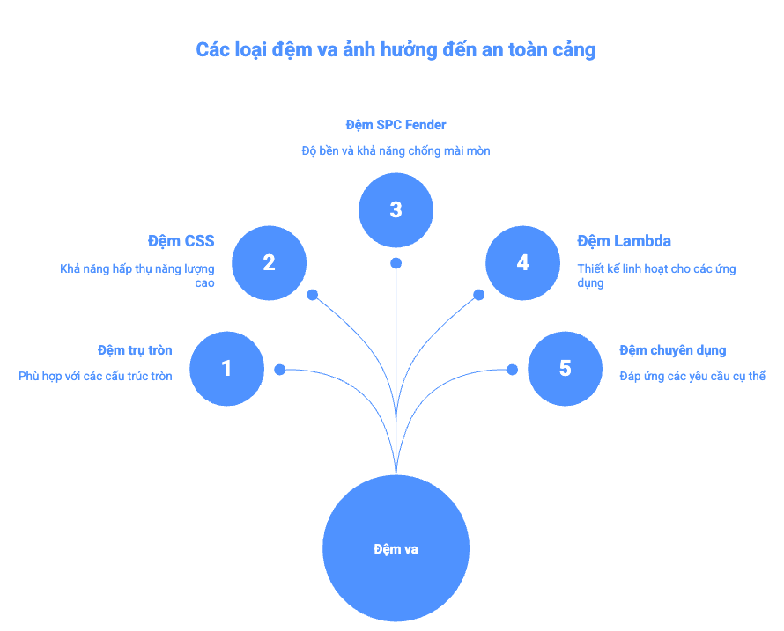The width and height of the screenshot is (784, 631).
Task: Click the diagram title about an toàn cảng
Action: tap(396, 49)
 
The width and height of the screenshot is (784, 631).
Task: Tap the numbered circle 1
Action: tap(226, 369)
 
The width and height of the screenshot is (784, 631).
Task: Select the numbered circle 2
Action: tap(269, 263)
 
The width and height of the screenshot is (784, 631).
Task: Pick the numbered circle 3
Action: tap(396, 209)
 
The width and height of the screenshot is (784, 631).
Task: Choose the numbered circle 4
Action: tap(522, 263)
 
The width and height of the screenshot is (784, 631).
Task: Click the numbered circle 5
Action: tap(565, 369)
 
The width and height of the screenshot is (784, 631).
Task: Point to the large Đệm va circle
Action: tap(396, 548)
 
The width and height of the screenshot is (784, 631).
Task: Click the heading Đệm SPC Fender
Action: tap(396, 125)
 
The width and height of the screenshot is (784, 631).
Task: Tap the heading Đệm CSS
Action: tap(181, 241)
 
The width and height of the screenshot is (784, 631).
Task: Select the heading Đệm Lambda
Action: tap(624, 241)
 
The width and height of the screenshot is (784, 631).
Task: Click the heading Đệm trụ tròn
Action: tap(135, 350)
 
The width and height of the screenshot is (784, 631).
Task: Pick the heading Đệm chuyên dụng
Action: tap(672, 350)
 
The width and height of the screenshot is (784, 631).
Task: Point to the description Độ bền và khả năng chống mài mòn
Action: tap(396, 151)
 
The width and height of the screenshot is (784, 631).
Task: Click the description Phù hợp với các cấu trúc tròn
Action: tap(95, 376)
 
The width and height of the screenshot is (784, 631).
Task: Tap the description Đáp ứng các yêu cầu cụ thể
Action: tap(692, 376)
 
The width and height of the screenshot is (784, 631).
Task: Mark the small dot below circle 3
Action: tap(396, 263)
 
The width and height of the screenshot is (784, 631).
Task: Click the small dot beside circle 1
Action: tap(279, 370)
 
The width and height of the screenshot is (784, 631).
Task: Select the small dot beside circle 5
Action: tap(512, 370)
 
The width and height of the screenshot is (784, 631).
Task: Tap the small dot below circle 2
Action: tap(312, 296)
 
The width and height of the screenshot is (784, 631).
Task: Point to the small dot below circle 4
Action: tap(479, 296)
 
